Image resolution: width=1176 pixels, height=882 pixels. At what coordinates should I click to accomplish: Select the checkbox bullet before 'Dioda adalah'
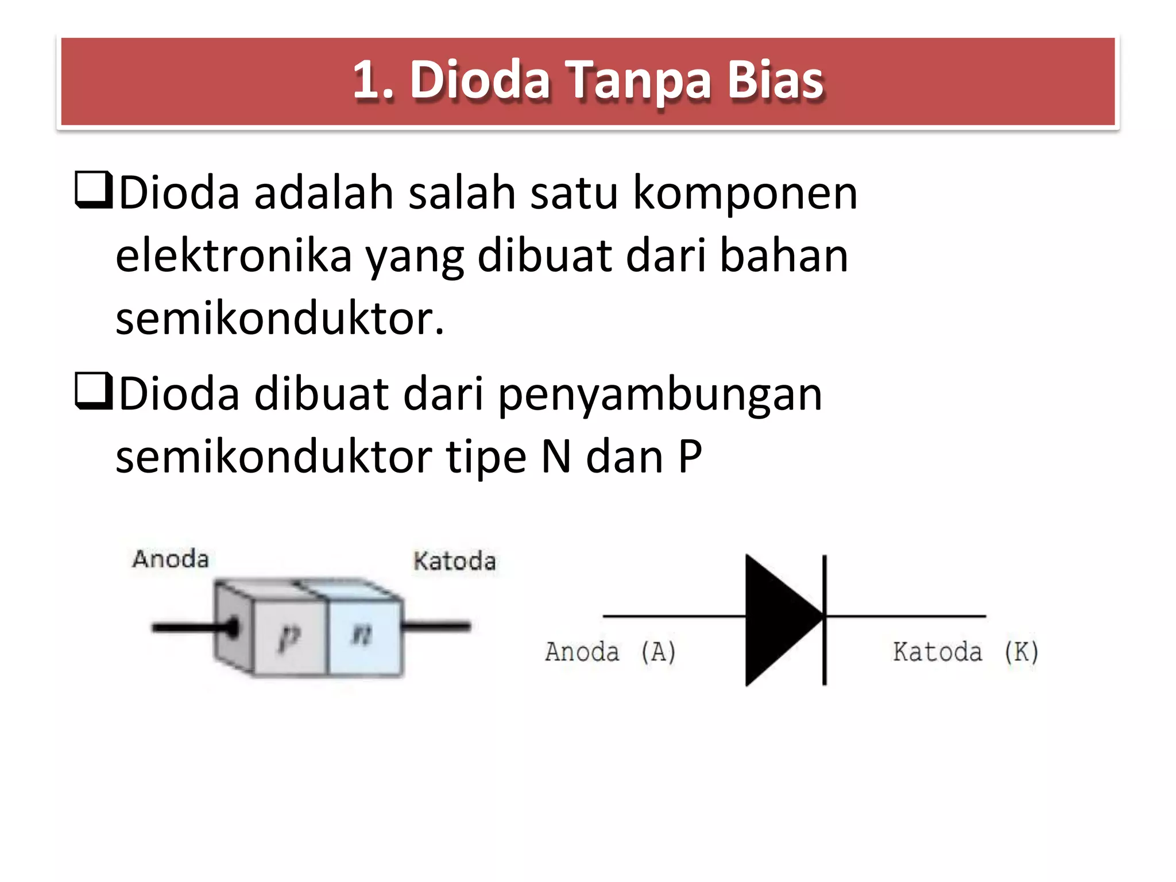(x=93, y=189)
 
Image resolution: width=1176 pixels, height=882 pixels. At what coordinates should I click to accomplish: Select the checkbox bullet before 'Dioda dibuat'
(x=93, y=391)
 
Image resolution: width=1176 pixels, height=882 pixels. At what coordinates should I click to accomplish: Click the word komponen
(x=745, y=194)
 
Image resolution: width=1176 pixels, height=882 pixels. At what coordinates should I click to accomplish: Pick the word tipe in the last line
(x=486, y=458)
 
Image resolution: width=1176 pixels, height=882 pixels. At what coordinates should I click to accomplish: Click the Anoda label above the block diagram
(x=171, y=559)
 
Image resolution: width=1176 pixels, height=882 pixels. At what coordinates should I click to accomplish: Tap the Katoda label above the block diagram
(x=454, y=561)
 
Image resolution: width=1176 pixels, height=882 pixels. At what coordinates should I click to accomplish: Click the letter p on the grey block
(x=289, y=637)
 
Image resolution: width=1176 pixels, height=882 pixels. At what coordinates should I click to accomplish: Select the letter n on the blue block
(x=362, y=635)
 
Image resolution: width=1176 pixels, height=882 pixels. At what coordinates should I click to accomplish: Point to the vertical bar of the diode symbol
(x=825, y=620)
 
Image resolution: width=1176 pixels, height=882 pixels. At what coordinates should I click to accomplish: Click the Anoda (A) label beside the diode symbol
(x=610, y=652)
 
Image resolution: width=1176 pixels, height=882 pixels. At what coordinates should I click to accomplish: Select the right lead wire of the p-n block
(x=436, y=626)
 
